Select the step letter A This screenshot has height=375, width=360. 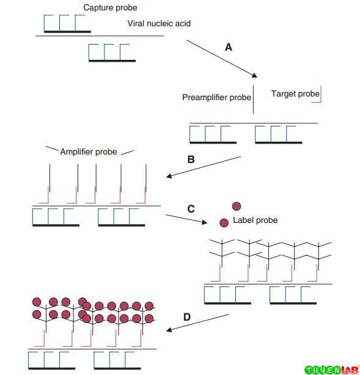coord(229,47)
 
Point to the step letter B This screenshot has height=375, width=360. coord(191,159)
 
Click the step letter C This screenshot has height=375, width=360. coord(191,208)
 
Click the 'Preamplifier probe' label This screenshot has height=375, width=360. coord(216,97)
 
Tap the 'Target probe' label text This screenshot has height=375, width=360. coord(295,93)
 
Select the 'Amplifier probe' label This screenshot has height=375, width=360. coord(89,151)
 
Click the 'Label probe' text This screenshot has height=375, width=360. coord(255,220)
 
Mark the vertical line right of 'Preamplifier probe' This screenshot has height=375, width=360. coord(253,101)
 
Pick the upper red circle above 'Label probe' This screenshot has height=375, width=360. coord(237,207)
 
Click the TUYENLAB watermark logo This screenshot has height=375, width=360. coord(331,369)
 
